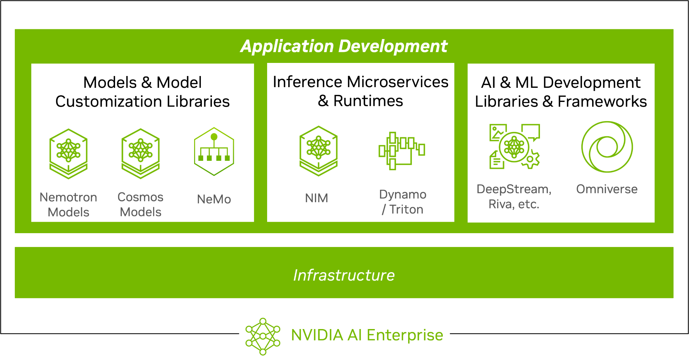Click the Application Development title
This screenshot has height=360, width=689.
(x=344, y=46)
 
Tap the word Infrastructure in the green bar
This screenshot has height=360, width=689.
(x=344, y=275)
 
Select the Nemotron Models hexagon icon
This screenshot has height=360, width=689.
(x=69, y=154)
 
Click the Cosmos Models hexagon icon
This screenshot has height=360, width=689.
(x=141, y=153)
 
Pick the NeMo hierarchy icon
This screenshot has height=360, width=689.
(x=214, y=151)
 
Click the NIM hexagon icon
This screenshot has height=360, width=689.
(x=319, y=151)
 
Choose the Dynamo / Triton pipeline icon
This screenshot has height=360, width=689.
(x=402, y=151)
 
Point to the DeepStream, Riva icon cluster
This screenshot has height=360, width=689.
(x=515, y=146)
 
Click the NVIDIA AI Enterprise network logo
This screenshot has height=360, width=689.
(x=263, y=336)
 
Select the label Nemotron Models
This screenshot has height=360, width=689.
(x=68, y=205)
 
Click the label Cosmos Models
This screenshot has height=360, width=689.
(x=141, y=205)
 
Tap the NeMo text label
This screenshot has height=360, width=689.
(x=214, y=199)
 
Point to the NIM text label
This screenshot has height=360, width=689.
(x=317, y=198)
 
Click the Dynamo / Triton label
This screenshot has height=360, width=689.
(x=403, y=202)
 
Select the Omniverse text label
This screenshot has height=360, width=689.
(x=607, y=189)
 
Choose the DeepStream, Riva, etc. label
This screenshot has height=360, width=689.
(x=514, y=196)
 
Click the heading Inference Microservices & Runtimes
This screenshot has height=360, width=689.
(x=361, y=91)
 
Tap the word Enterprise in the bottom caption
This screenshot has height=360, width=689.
(x=405, y=335)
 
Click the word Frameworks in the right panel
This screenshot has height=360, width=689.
(x=602, y=101)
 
